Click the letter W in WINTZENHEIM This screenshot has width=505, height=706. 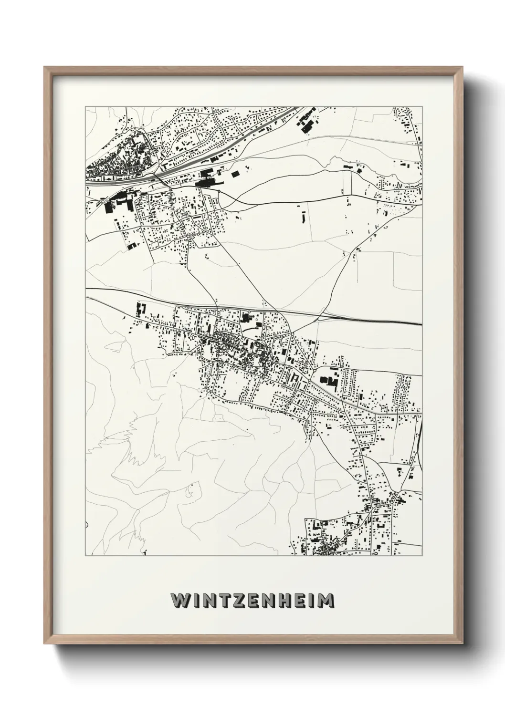[180, 602]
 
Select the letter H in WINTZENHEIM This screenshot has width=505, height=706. [283, 602]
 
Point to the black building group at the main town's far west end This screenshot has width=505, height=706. [140, 309]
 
